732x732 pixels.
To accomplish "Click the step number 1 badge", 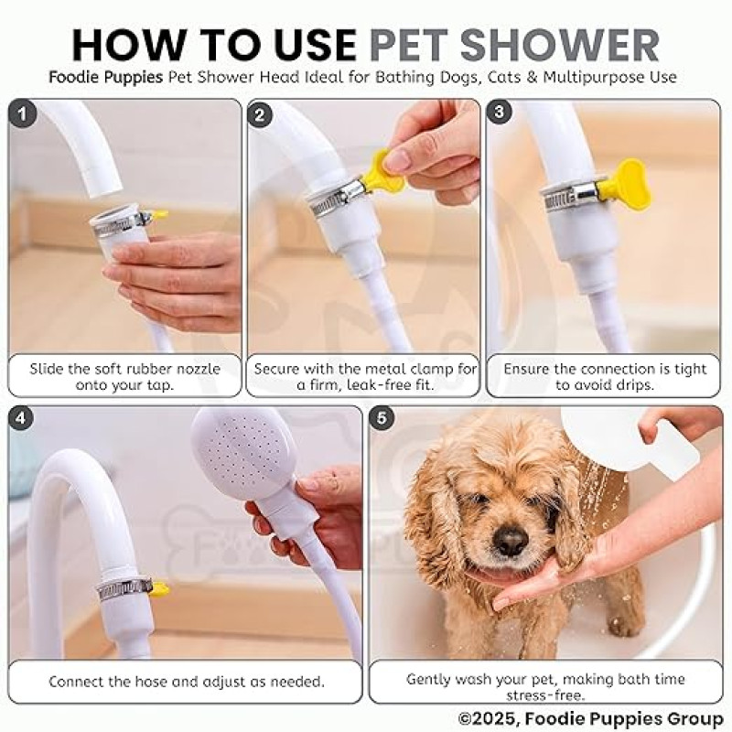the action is (x=22, y=113).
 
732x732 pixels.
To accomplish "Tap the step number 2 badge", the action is (x=260, y=113).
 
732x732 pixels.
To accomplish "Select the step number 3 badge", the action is (x=499, y=112).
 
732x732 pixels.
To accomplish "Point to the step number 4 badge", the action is (x=20, y=418).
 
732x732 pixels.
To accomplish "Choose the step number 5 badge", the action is (x=382, y=418).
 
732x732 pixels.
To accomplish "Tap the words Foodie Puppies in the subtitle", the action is (x=106, y=77).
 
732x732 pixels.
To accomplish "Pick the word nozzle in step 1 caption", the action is (x=197, y=369).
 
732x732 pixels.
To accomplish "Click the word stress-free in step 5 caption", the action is (x=545, y=695).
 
